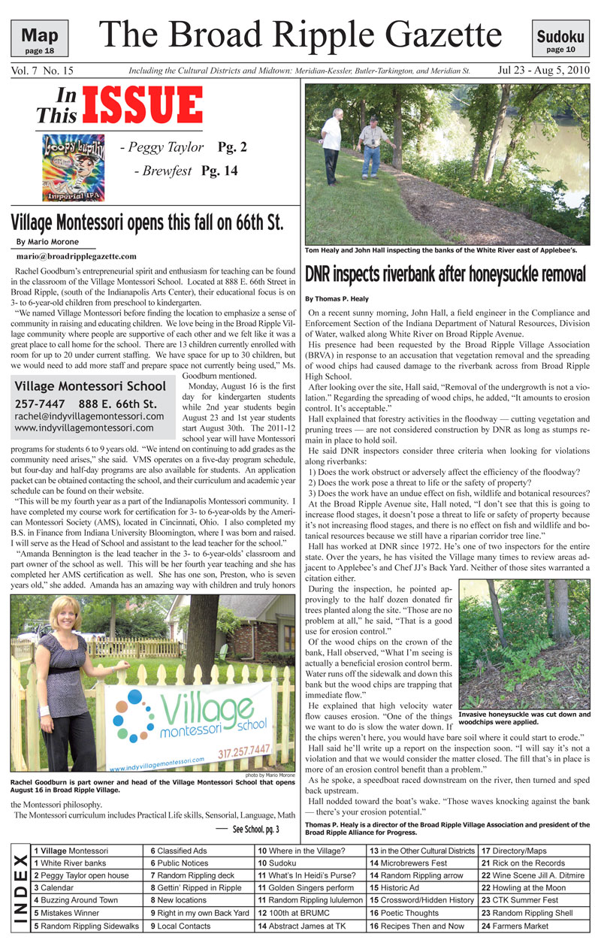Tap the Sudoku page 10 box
coord(560,38)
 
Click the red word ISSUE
coord(143,105)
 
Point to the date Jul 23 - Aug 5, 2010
coord(543,71)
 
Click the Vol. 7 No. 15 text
coord(42,71)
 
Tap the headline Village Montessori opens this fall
coord(147,222)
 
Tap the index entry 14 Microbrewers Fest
coord(407,863)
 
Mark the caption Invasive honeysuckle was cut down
coord(524,718)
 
